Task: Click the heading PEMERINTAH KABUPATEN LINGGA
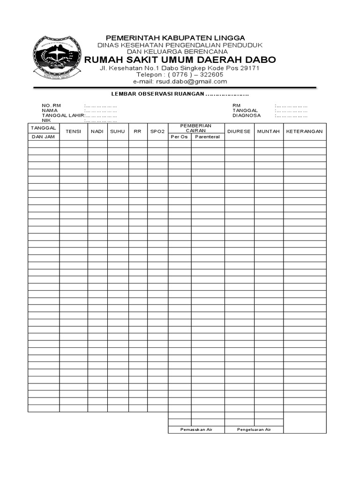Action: click(175, 37)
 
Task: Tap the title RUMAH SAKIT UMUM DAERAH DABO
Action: click(180, 60)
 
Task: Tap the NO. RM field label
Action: click(52, 105)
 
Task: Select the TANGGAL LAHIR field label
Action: click(63, 115)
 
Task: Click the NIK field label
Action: click(46, 120)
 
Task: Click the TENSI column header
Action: click(74, 132)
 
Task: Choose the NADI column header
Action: click(97, 132)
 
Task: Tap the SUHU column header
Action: click(118, 132)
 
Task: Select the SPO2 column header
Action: click(157, 132)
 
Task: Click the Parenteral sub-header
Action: click(208, 137)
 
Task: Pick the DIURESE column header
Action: click(239, 132)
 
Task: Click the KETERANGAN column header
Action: click(305, 132)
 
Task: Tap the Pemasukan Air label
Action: click(196, 429)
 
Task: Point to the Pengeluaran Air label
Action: click(254, 429)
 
